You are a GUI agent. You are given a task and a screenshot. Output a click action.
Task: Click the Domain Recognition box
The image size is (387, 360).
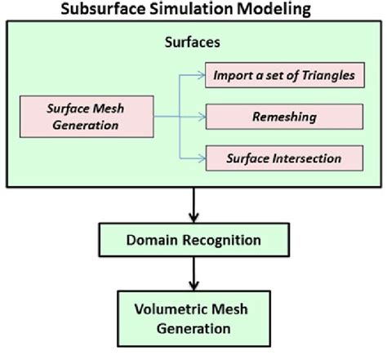click(193, 242)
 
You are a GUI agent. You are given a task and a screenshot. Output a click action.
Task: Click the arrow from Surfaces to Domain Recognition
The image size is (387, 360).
click(193, 204)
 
